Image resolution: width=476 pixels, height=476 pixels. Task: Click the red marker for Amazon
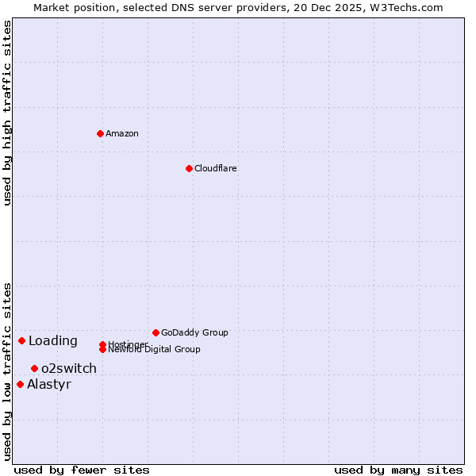pos(100,133)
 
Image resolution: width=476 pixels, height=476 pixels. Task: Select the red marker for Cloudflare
pos(189,168)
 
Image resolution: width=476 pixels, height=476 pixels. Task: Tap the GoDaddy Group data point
pos(155,332)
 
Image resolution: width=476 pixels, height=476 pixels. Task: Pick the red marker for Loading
pos(21,340)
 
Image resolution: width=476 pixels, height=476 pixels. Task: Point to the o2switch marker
pos(34,368)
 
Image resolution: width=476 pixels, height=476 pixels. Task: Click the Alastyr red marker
pos(20,384)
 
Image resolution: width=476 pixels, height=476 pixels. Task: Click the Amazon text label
pos(122,133)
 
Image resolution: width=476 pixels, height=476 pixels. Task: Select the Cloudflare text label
pos(216,168)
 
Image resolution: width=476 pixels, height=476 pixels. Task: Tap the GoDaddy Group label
pos(194,332)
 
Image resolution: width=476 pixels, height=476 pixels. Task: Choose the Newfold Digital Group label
pos(154,350)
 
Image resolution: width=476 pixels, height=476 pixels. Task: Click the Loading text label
pos(53,341)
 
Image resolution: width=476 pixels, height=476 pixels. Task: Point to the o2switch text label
pos(69,369)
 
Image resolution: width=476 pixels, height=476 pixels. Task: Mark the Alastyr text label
pos(49,385)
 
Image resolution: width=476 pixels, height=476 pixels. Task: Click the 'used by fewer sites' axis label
pos(82,470)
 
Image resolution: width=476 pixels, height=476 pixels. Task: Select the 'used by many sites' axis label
pos(398,470)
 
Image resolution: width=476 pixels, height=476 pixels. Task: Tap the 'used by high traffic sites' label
pos(7,113)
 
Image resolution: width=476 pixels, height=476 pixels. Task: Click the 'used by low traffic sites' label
pos(7,371)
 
